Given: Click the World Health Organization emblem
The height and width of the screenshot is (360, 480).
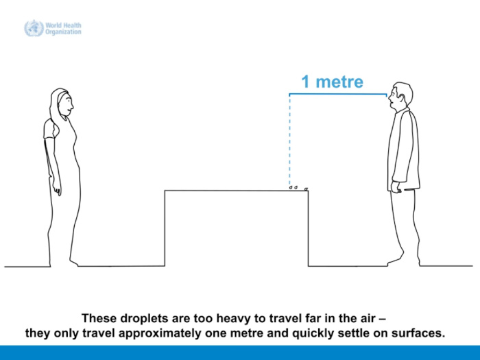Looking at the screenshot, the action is tap(34, 28).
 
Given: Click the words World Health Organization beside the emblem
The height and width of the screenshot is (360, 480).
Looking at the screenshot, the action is tap(63, 29).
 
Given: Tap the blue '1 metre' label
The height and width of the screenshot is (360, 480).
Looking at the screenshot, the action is tap(333, 82).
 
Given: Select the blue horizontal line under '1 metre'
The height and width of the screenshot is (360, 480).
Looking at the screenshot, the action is tap(338, 95).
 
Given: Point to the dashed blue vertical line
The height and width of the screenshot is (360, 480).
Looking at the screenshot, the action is tap(289, 141).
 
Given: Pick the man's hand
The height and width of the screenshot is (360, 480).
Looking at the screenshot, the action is tap(396, 187).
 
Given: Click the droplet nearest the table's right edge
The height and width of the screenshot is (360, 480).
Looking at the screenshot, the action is tap(306, 189).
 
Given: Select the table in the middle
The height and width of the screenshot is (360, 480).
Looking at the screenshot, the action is tap(237, 228).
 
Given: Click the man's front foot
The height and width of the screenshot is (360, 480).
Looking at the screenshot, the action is tap(396, 259).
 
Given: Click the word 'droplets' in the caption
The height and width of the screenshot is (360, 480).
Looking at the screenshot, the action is tap(145, 318).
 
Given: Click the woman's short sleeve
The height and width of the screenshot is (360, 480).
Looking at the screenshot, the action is tap(50, 129).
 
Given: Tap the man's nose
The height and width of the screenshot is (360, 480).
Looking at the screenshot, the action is tap(389, 97).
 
